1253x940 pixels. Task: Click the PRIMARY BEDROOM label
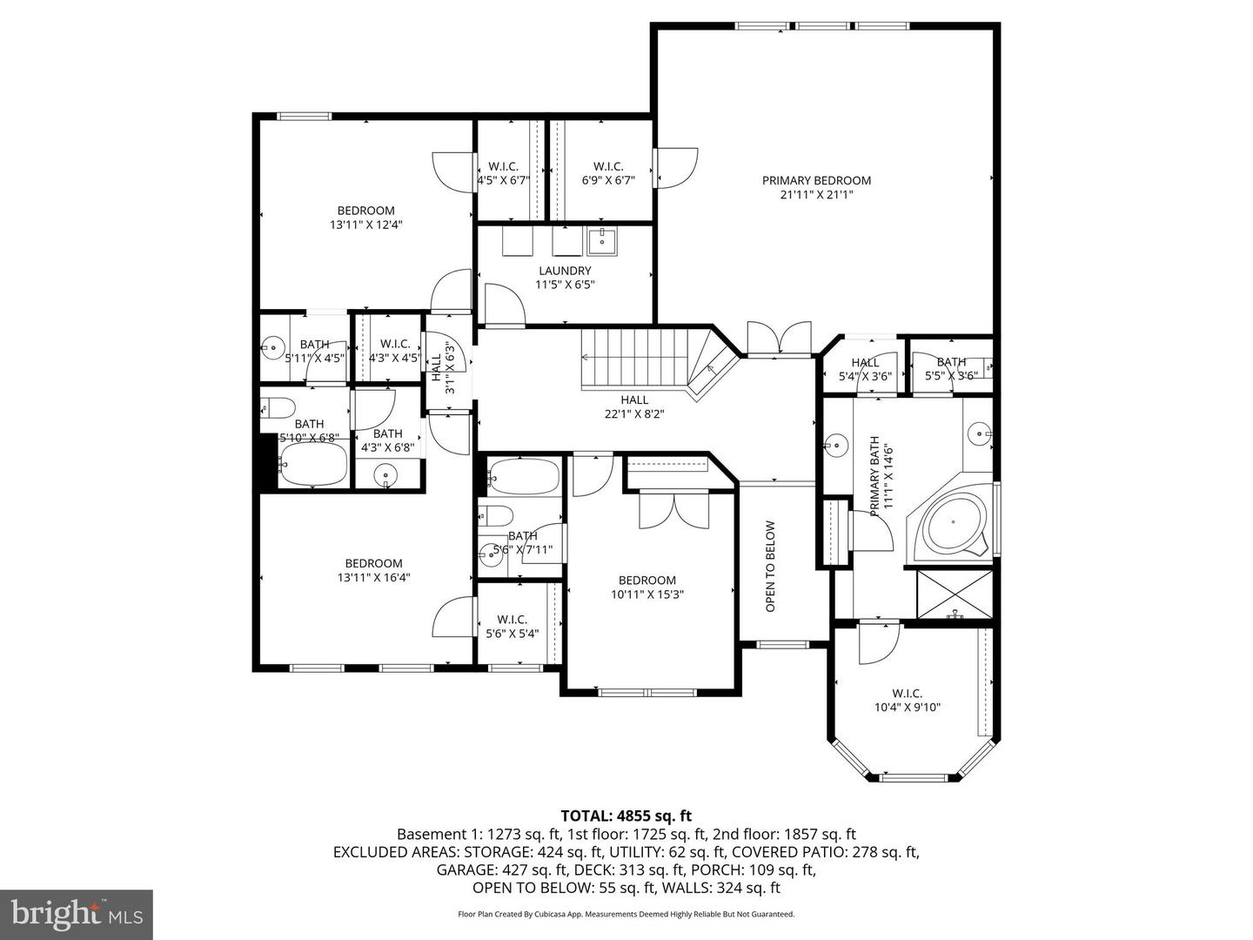tap(816, 181)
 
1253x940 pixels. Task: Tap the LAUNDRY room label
tap(565, 271)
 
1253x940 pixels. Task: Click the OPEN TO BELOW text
tap(770, 567)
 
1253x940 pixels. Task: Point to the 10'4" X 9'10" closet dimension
tap(907, 708)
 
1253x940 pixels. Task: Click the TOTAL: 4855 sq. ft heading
tap(626, 816)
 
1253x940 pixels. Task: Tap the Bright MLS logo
tap(76, 914)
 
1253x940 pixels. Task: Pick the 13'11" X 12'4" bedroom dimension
tap(365, 225)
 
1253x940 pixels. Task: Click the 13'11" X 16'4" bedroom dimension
tap(373, 577)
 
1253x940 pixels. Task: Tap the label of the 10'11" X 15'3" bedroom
tap(647, 581)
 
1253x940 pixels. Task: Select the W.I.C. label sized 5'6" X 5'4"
tap(512, 620)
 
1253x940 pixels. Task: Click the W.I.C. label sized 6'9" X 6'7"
tap(607, 166)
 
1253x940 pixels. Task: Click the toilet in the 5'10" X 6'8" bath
tap(277, 406)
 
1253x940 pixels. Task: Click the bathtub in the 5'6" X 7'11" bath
tap(522, 476)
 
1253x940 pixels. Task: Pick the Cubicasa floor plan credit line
tap(626, 914)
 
